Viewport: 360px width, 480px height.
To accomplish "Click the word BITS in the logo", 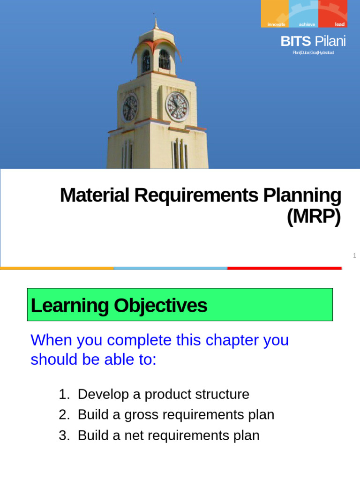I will tap(295, 42).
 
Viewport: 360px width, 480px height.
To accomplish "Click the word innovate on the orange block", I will tap(276, 24).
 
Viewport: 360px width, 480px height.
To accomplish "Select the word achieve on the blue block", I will tap(307, 24).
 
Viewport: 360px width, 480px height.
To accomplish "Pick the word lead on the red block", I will tap(339, 24).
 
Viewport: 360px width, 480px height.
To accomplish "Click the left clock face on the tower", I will tap(130, 108).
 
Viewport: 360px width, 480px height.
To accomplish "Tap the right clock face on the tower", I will tap(178, 106).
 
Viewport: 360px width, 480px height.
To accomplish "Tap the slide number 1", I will tap(355, 255).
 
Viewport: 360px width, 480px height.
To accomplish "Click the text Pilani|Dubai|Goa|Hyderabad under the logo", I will tap(313, 52).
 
